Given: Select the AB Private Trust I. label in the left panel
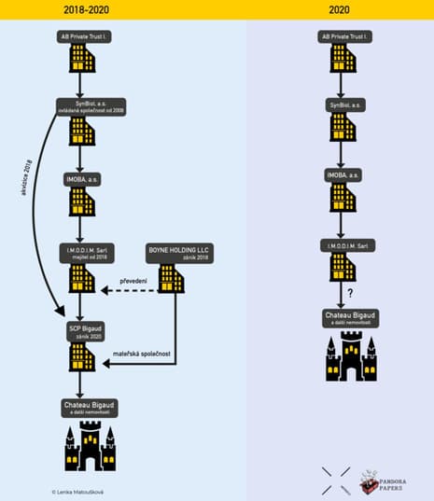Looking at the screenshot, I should [x=82, y=36].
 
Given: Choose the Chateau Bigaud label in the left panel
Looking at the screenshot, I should [x=82, y=407].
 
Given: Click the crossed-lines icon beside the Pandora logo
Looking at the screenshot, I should [x=336, y=480].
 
